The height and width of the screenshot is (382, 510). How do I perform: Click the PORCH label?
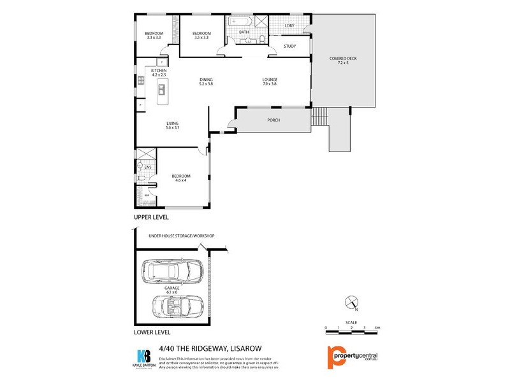click(x=273, y=120)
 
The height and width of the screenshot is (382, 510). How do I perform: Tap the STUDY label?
click(x=290, y=46)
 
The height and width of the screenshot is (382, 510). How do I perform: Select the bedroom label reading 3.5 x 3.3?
click(x=201, y=35)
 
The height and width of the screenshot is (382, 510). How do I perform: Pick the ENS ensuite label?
click(x=148, y=167)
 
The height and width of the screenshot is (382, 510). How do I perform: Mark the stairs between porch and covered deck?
click(x=318, y=117)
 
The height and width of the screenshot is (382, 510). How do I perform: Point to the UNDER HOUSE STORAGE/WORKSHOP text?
click(x=182, y=236)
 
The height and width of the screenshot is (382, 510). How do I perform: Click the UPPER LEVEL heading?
click(x=151, y=218)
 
